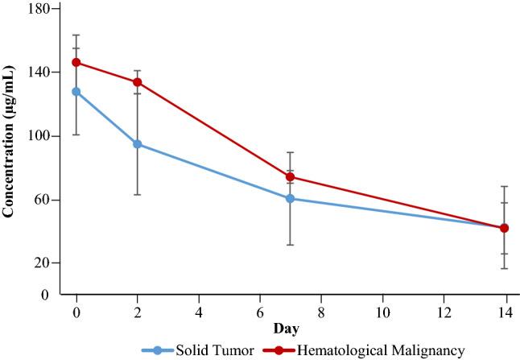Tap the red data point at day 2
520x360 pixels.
[137, 82]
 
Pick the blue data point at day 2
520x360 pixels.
[137, 144]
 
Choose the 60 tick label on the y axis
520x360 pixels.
[43, 200]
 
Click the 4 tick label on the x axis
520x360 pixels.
[199, 311]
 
